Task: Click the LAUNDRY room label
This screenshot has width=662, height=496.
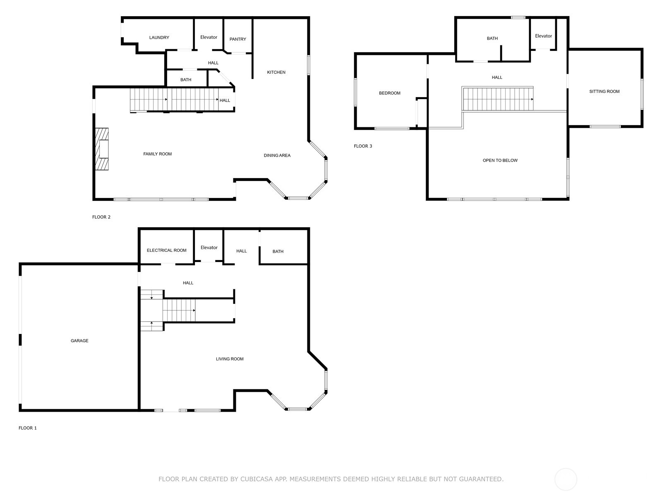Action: pos(159,38)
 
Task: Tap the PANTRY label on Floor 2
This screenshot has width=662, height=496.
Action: pos(238,39)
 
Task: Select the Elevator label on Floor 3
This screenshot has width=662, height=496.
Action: pos(543,36)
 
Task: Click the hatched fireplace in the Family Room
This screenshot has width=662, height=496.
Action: pos(102,149)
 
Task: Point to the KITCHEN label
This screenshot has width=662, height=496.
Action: pos(276,72)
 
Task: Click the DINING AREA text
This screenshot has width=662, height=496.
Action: pos(277,155)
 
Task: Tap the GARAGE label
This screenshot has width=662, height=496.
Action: pos(79,341)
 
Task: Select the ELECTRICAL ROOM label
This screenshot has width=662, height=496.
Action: pos(166,250)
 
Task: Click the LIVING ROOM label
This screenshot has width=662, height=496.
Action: pos(230,359)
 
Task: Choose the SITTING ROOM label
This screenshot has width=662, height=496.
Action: pos(604,92)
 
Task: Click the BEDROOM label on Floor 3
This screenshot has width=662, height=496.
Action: pos(389,93)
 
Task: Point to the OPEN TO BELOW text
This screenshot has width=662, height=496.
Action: pos(500,160)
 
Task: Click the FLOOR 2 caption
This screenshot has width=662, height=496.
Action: pos(101,217)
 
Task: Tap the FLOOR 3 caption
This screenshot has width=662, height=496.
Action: pos(363,146)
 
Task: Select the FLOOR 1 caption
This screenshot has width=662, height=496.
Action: pos(28,428)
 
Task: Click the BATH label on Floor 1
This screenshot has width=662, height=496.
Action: pos(278,252)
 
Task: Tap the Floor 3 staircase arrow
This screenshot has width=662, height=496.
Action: pos(532,100)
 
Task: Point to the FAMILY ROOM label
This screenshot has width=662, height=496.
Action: pos(157,154)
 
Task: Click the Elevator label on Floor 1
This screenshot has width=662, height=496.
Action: pos(209,248)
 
